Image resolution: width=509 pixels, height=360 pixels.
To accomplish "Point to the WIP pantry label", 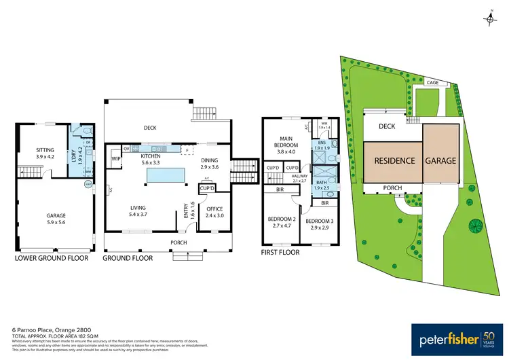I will coord(116,159).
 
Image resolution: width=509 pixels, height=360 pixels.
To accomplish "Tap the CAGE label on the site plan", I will coord(432,83).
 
